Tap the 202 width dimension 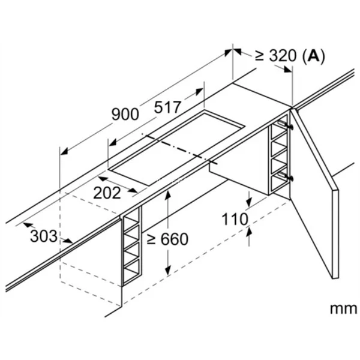click(107, 193)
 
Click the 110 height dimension click(235, 220)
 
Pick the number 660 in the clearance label click(175, 239)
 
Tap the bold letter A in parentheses click(313, 56)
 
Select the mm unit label click(342, 308)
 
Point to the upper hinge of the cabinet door click(290, 127)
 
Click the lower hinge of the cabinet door click(290, 178)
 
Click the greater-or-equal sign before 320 click(259, 56)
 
